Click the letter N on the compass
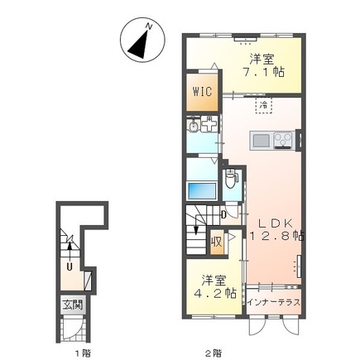(149, 26)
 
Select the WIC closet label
(202, 91)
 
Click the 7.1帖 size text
(263, 72)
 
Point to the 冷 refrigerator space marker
(264, 105)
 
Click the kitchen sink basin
(262, 141)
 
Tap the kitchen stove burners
(283, 140)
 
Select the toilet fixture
(230, 179)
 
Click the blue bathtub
(202, 190)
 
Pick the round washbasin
(194, 127)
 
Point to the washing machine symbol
(209, 124)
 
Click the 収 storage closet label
(217, 242)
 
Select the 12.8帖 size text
(276, 236)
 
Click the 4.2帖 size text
(215, 293)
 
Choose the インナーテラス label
(273, 302)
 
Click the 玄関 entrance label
(72, 305)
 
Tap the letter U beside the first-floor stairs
(70, 266)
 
